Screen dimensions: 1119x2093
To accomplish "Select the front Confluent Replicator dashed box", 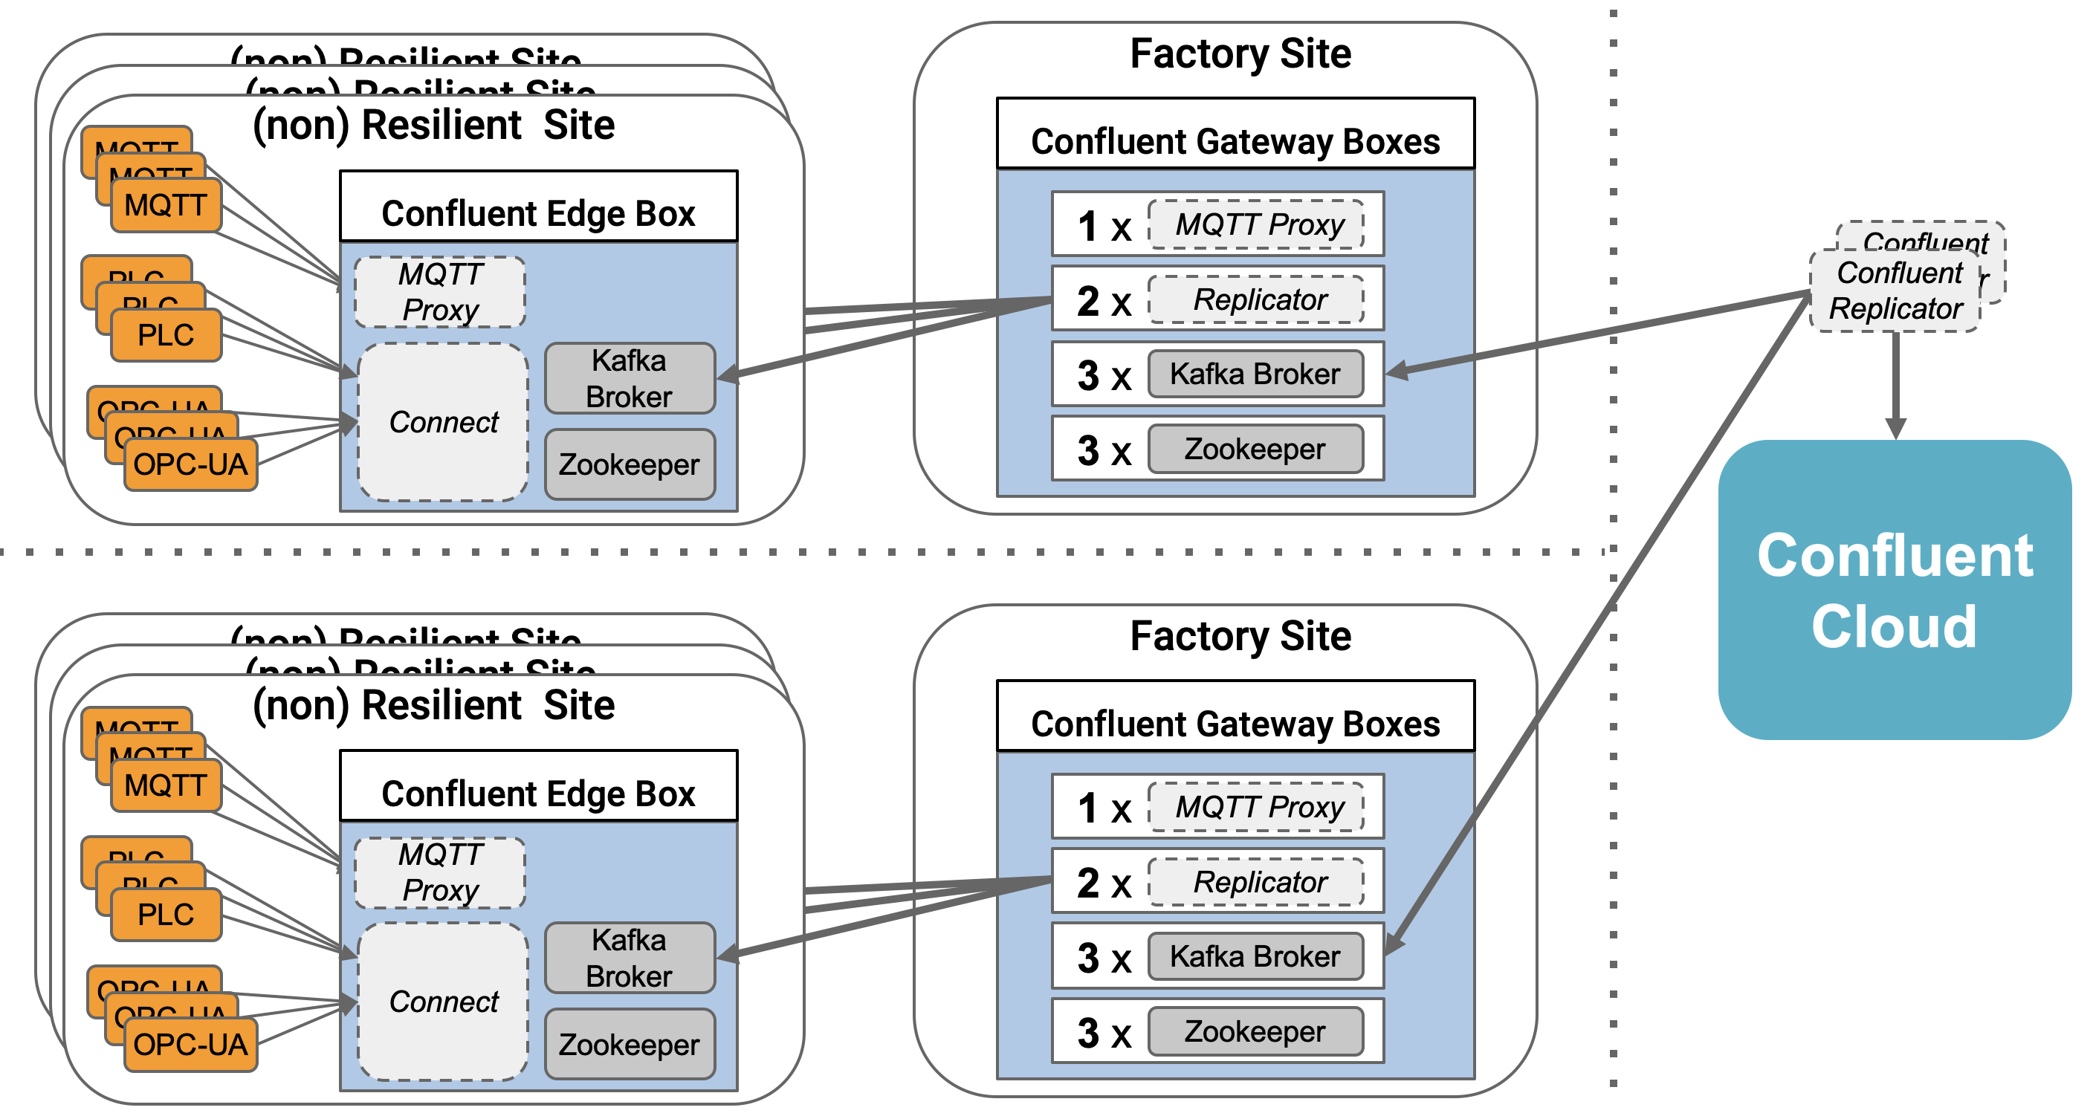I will (x=1895, y=291).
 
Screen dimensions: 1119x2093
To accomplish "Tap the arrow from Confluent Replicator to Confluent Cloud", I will (x=1895, y=382).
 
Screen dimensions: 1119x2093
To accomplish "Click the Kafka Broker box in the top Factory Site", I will (x=1255, y=374).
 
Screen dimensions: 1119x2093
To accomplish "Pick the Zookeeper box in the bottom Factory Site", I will (x=1255, y=1031).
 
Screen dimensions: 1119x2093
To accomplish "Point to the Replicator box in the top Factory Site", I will (x=1256, y=299).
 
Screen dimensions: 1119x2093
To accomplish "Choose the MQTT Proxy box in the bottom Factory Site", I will (x=1256, y=807).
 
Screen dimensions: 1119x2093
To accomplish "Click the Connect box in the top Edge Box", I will (x=443, y=422).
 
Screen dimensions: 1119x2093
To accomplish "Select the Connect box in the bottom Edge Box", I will (x=443, y=1002).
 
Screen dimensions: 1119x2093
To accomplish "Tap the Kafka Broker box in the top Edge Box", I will (x=629, y=378).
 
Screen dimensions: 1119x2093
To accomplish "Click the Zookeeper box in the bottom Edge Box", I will (x=629, y=1044).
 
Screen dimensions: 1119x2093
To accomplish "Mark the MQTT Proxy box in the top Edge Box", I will (x=439, y=292).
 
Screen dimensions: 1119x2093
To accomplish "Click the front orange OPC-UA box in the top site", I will (x=190, y=464).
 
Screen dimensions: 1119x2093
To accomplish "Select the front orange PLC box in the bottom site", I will (x=166, y=915).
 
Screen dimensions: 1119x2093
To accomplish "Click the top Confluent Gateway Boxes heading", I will (x=1235, y=141).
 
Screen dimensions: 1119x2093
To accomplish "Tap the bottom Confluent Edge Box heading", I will (x=538, y=794).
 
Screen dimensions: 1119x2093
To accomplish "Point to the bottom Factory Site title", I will (x=1240, y=636).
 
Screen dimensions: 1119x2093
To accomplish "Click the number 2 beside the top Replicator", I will (x=1088, y=301).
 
